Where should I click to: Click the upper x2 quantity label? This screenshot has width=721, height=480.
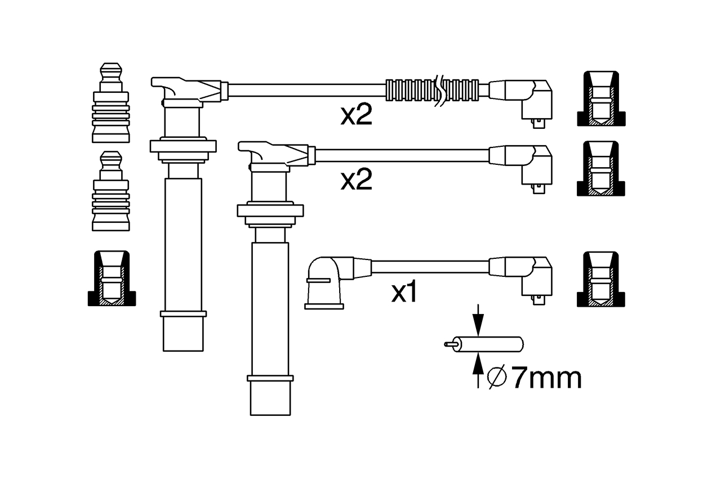357,114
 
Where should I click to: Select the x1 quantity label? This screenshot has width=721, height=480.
404,292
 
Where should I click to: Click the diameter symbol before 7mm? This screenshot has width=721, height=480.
497,377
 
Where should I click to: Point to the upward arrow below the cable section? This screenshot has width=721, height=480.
478,370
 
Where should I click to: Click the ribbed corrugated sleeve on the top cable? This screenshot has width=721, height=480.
432,91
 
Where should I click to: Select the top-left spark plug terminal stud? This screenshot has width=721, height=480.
111,102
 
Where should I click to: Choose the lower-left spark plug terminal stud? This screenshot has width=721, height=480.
111,191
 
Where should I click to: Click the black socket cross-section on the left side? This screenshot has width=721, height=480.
112,279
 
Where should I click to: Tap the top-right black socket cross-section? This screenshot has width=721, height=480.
601,98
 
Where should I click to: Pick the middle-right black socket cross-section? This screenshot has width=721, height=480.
601,168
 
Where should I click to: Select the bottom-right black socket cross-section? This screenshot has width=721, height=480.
601,279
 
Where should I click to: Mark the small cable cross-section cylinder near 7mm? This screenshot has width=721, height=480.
484,344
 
